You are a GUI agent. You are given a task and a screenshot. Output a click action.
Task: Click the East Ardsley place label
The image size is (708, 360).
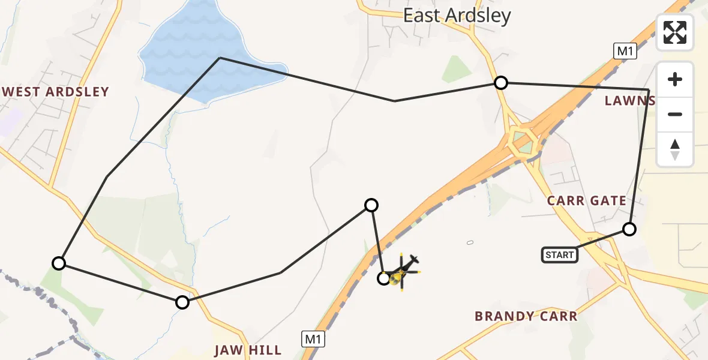point(457,16)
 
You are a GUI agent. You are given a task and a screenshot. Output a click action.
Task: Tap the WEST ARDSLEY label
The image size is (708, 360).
point(56,92)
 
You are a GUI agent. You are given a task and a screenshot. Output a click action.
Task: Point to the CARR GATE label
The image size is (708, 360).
point(586,200)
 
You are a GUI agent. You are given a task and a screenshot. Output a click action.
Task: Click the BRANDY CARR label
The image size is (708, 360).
point(526,316)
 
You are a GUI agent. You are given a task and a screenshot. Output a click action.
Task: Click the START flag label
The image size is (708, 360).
point(560,255)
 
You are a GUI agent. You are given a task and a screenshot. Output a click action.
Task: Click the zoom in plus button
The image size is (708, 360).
point(675,79)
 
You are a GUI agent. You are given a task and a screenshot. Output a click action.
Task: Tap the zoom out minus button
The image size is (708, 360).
point(675,114)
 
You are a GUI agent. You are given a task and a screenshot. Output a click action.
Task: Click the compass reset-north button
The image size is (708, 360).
point(675,149)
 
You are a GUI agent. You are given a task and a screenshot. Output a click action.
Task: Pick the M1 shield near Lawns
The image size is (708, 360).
point(625,52)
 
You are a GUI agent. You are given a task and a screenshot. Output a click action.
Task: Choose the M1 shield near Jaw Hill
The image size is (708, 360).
point(313,339)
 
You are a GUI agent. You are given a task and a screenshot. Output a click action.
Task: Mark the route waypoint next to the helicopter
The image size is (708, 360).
point(384,278)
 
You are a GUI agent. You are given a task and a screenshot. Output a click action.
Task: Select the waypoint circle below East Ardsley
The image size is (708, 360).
point(500,83)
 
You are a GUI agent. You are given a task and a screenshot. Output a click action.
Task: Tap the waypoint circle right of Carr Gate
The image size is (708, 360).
point(629,229)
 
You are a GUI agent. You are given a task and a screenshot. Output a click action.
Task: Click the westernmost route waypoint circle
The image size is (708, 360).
point(59,263)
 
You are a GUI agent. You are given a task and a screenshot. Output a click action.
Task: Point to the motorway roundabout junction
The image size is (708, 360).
point(524,141)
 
